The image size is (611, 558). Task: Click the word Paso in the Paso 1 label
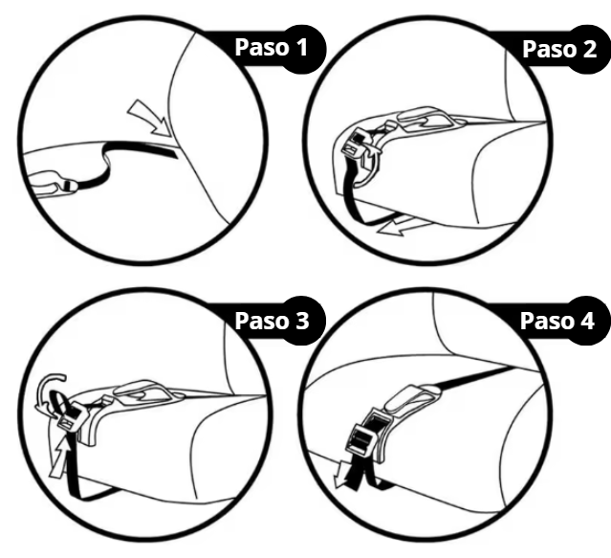click(x=261, y=47)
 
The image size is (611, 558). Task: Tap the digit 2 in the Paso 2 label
click(x=589, y=49)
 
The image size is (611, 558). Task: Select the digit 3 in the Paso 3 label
click(x=302, y=321)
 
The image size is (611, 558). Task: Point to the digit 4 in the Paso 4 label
click(x=587, y=321)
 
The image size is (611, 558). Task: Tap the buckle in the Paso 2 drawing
click(x=356, y=144)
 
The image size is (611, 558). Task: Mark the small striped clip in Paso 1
click(x=70, y=186)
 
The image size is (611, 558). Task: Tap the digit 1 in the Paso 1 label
click(x=301, y=47)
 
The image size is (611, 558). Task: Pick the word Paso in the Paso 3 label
click(x=261, y=321)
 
